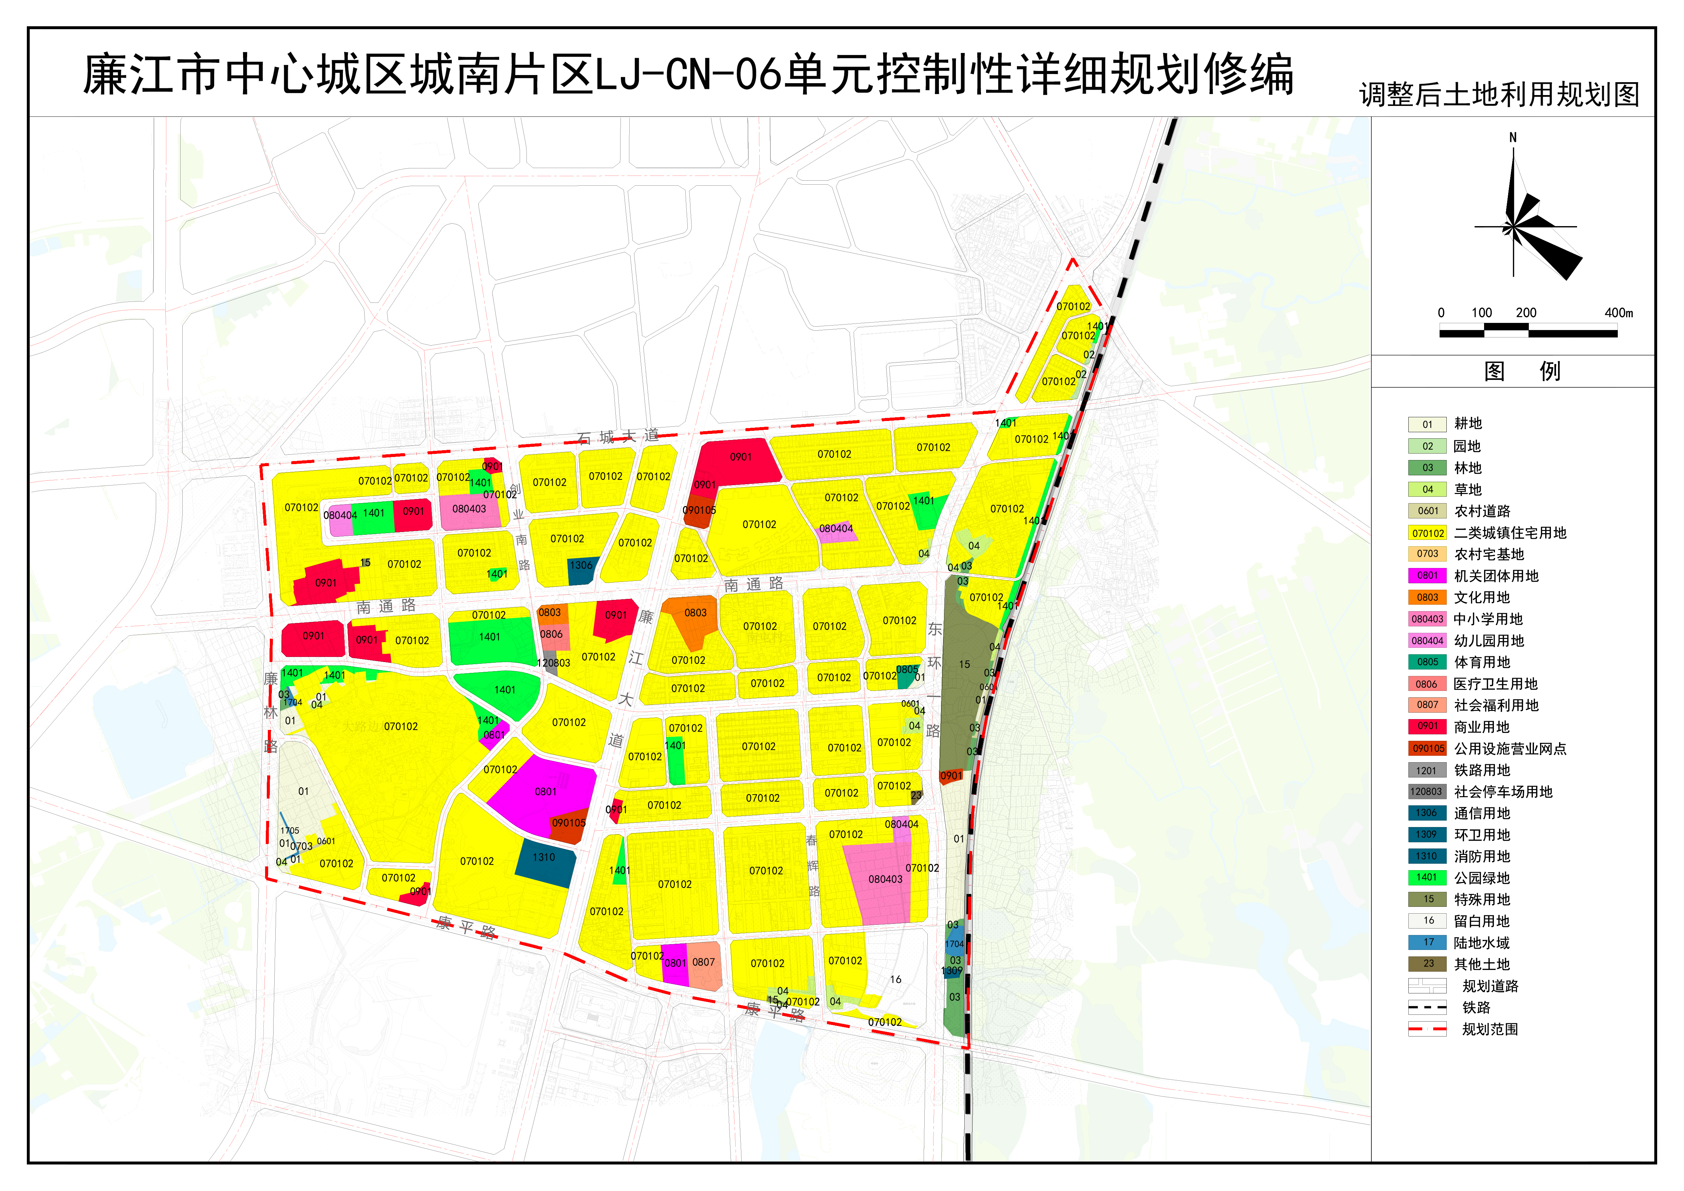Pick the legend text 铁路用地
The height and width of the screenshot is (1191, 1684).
1482,770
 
